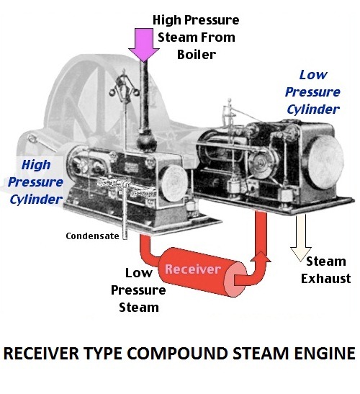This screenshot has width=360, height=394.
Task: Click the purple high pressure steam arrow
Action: tap(143, 45)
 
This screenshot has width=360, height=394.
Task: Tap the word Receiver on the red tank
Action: tap(193, 269)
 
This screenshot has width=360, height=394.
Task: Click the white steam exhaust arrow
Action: tap(301, 238)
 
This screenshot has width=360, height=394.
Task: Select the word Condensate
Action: tap(92, 236)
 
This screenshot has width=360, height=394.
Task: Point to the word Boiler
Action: tap(197, 55)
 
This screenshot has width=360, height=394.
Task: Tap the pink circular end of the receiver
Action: tap(235, 279)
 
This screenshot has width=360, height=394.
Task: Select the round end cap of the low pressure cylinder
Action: tap(326, 162)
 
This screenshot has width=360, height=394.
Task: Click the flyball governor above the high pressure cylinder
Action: tap(124, 86)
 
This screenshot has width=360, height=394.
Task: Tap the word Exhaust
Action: tap(326, 279)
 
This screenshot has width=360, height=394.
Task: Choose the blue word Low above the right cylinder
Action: tap(313, 75)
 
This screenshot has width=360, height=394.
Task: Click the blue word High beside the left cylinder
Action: tap(36, 165)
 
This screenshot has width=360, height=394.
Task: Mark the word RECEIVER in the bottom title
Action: tap(41, 353)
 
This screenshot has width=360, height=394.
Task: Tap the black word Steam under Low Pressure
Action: tap(139, 308)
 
